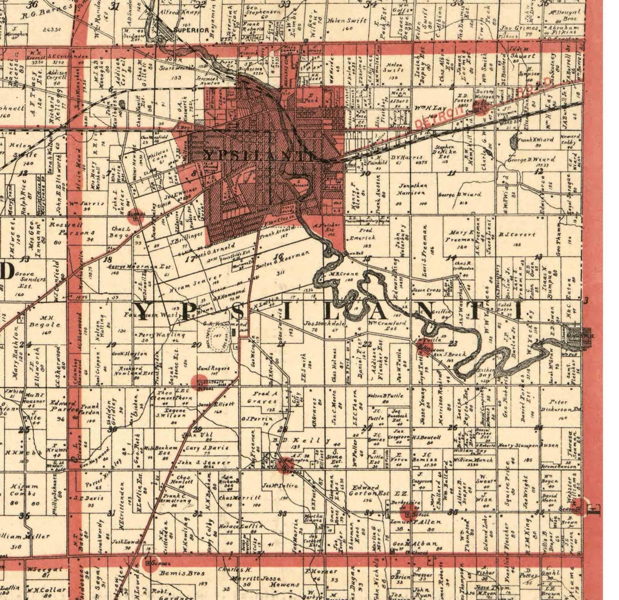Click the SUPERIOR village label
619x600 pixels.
191,30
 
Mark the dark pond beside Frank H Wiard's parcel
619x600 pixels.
514,143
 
